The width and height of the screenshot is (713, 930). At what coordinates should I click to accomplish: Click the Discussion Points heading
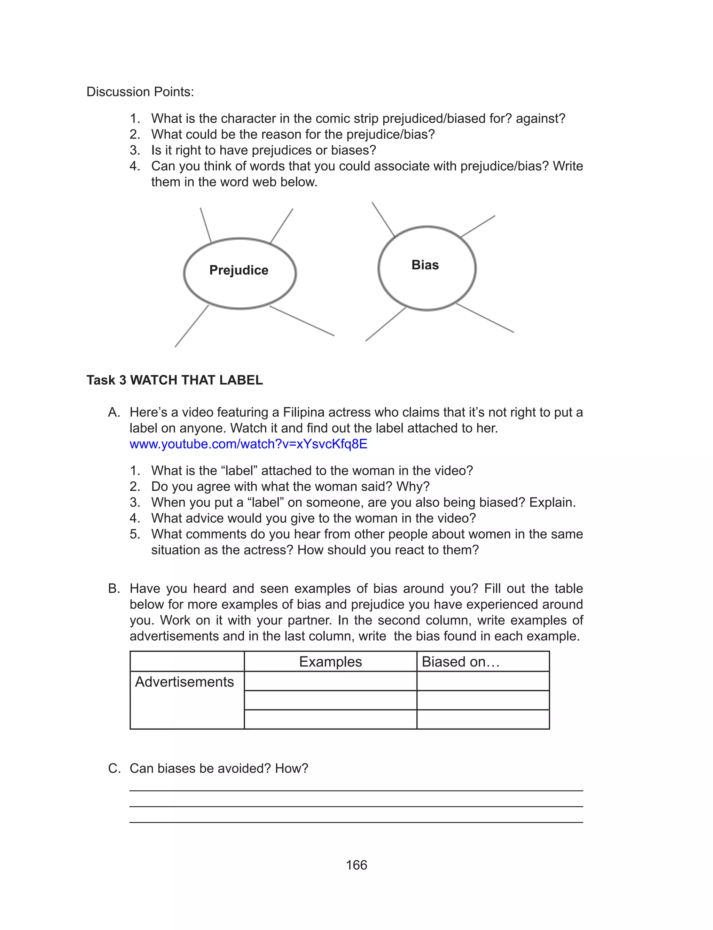140,92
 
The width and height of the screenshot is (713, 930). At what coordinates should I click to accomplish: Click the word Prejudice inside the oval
238,270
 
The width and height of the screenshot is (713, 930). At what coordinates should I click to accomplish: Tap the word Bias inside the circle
425,264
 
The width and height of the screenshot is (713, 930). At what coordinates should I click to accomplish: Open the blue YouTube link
248,444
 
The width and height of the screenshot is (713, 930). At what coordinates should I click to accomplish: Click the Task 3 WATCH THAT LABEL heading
174,380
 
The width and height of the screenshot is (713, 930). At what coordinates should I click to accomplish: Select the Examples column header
330,661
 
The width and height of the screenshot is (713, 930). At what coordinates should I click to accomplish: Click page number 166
356,865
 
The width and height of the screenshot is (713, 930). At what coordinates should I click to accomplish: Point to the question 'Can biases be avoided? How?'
219,768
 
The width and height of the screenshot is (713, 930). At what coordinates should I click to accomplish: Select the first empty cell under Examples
330,681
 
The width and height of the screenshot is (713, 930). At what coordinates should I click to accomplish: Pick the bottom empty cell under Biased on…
483,720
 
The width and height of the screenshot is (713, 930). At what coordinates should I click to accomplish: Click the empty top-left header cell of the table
187,661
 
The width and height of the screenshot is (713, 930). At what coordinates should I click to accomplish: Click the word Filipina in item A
304,412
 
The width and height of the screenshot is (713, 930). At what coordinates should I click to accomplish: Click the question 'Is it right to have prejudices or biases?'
263,150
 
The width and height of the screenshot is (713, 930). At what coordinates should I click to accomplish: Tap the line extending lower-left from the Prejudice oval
191,326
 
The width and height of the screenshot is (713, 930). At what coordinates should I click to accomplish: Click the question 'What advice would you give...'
313,518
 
